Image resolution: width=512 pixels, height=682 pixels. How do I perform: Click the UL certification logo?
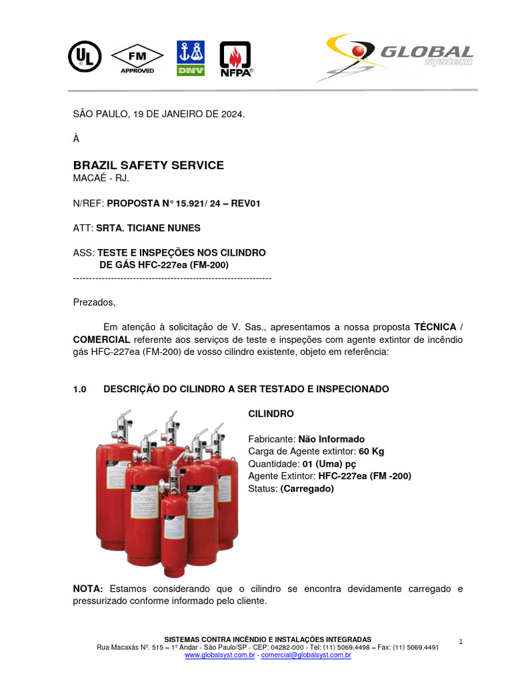[84, 57]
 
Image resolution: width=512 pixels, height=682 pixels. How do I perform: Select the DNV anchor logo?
[191, 58]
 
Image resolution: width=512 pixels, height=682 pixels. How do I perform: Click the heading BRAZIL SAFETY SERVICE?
[148, 165]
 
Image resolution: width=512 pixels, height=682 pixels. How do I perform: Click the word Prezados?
[94, 302]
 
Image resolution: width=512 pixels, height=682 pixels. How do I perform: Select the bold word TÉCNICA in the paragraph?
[435, 327]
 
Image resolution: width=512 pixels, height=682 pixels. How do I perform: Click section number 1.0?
[80, 388]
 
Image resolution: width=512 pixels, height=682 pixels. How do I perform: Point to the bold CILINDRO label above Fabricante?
[271, 414]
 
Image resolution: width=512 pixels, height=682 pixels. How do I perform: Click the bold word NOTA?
[88, 589]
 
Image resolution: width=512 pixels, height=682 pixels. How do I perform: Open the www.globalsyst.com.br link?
[219, 655]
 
